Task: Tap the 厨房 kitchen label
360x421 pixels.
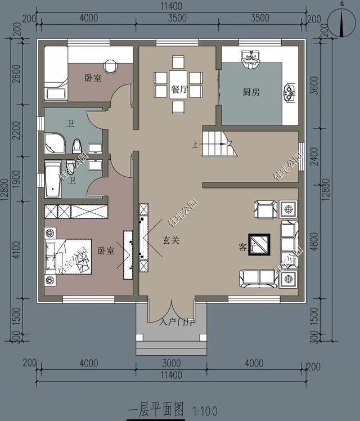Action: click(251, 92)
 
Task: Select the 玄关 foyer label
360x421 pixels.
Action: click(171, 240)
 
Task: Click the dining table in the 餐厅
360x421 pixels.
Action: click(178, 83)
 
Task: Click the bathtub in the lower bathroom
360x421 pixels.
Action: click(52, 179)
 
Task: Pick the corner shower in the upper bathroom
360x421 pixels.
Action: click(55, 143)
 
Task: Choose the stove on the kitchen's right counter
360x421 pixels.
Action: click(290, 93)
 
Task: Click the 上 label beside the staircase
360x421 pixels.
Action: click(195, 145)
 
